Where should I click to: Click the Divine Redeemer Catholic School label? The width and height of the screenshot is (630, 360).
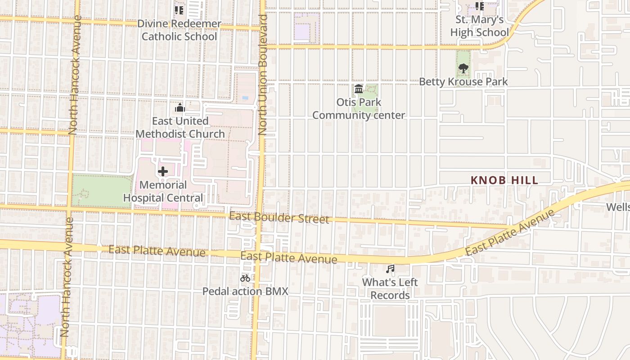click(x=179, y=30)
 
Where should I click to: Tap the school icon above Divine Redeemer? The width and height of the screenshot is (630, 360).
click(x=179, y=10)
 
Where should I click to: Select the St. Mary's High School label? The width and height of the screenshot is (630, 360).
click(x=479, y=26)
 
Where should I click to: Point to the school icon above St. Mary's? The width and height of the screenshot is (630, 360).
click(x=480, y=6)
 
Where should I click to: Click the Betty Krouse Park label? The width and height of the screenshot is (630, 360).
click(x=463, y=82)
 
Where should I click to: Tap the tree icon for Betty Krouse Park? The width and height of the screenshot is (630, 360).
click(x=463, y=69)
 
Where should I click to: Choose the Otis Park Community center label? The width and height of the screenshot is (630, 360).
click(x=359, y=109)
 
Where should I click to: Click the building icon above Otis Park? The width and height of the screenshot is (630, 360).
click(x=359, y=89)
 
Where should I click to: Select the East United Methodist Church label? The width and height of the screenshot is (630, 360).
click(x=180, y=127)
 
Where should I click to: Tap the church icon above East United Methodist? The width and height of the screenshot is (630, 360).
click(x=180, y=108)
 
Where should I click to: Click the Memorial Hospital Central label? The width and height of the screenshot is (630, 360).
click(x=163, y=191)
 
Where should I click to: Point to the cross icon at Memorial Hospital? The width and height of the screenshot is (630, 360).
click(x=163, y=171)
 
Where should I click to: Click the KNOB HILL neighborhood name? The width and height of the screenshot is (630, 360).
click(x=504, y=180)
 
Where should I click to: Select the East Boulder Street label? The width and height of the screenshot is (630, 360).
click(x=279, y=218)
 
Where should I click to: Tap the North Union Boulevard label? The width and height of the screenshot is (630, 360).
click(x=263, y=75)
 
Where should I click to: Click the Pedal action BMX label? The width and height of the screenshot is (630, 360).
click(x=245, y=291)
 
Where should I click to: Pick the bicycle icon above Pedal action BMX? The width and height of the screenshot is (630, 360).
click(x=245, y=278)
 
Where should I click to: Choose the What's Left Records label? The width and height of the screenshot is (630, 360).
click(x=390, y=288)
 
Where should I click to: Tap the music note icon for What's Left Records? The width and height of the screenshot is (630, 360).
click(x=390, y=269)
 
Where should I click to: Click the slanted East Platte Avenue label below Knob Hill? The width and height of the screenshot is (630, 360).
click(x=510, y=233)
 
